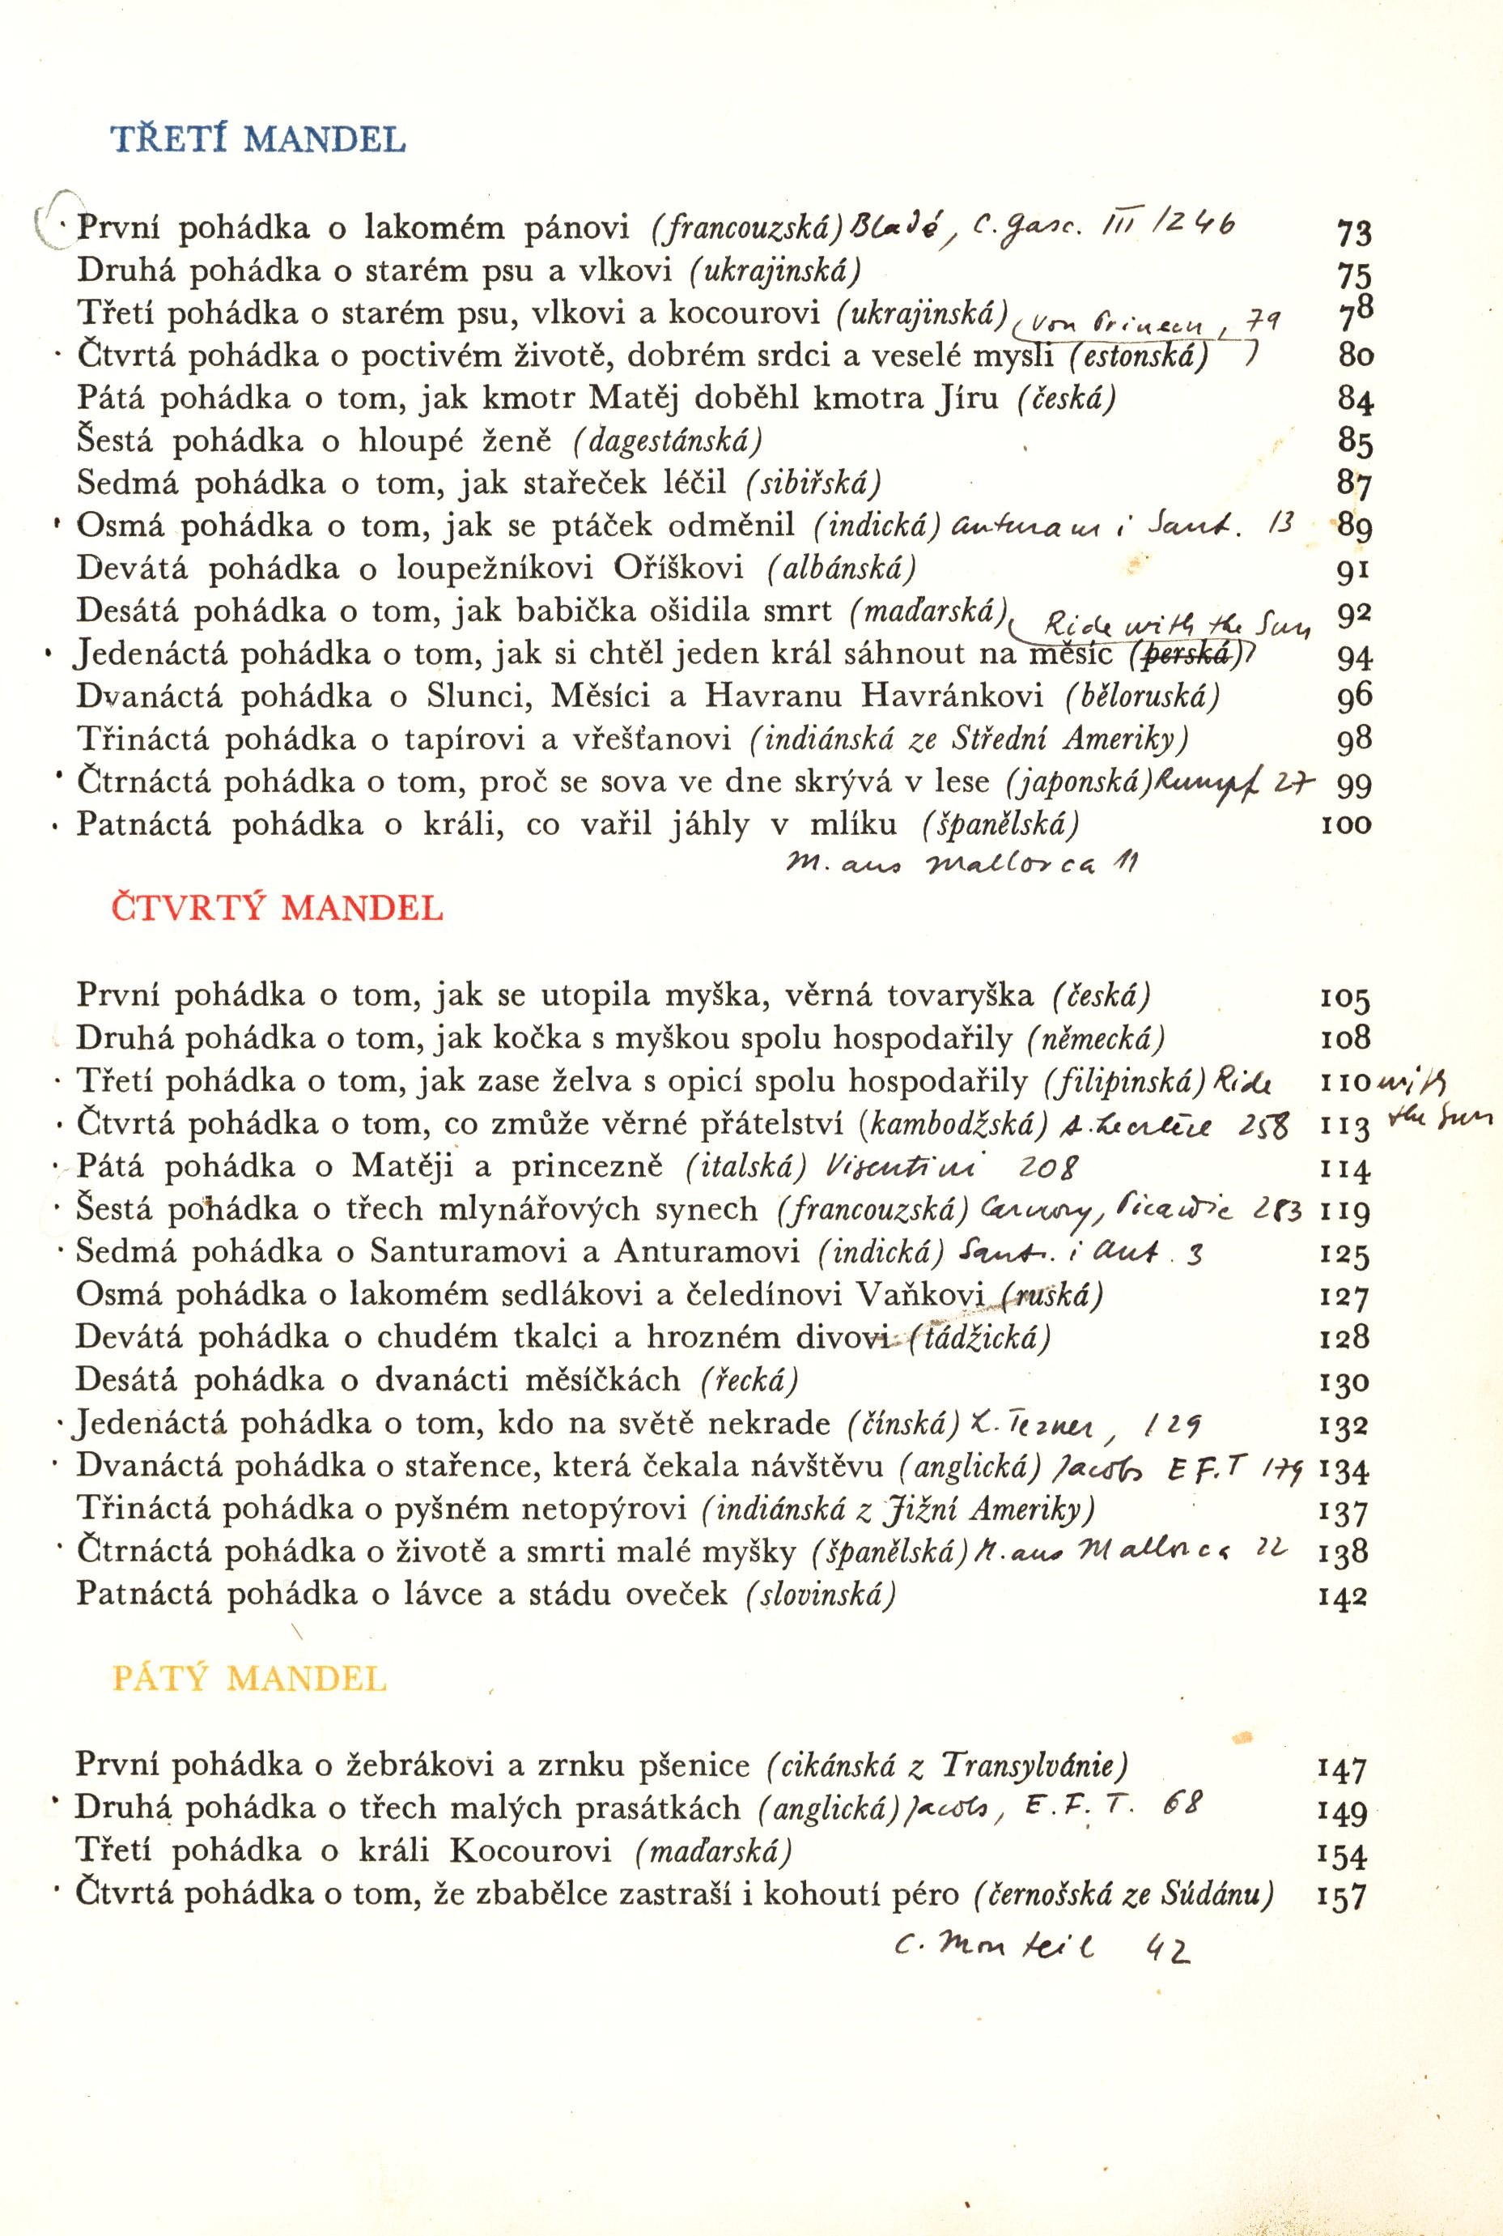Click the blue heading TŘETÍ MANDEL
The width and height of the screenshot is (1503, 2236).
259,139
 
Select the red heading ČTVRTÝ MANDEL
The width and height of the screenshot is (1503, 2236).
278,906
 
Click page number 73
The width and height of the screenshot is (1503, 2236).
1353,233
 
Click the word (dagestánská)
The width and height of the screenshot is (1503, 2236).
668,441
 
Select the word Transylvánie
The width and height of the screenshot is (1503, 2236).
1034,1764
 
